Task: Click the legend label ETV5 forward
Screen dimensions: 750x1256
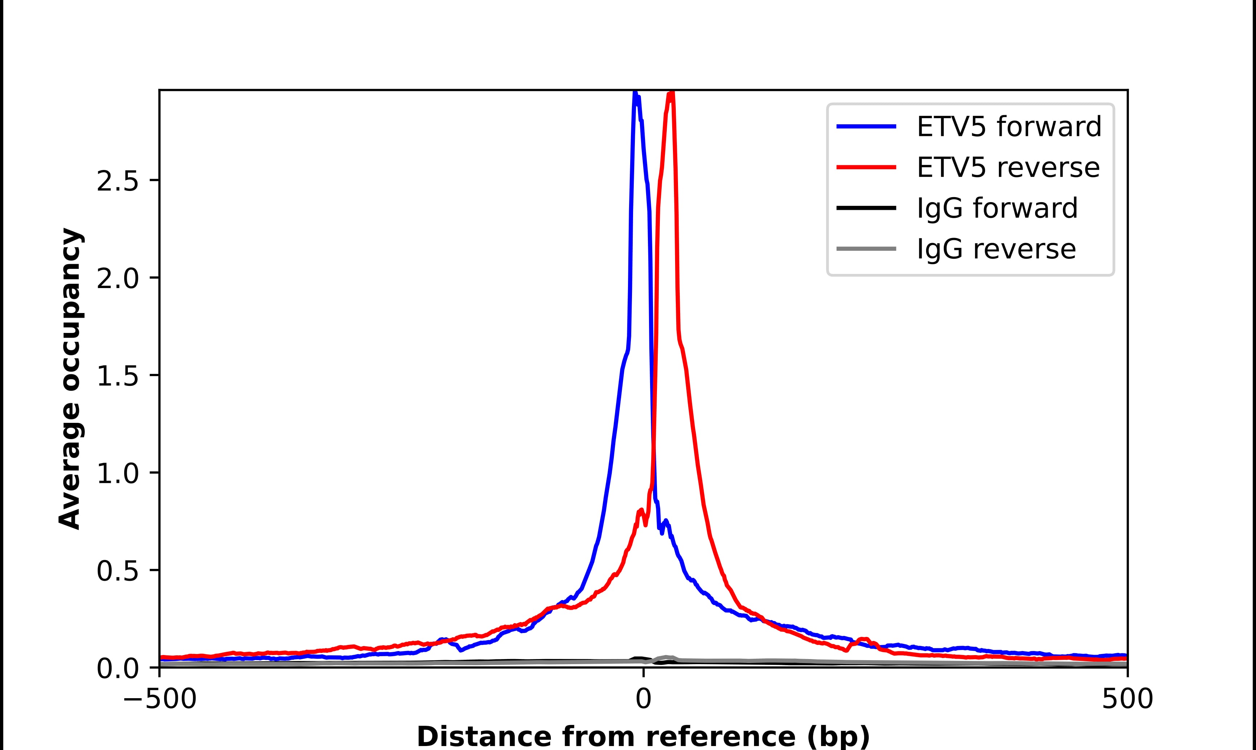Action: tap(1009, 127)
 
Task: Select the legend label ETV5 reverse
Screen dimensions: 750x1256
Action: tap(1008, 168)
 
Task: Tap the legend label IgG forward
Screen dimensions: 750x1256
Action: tap(997, 208)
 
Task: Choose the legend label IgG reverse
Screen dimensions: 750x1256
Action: tap(996, 249)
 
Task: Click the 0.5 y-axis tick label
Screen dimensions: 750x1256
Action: tap(117, 572)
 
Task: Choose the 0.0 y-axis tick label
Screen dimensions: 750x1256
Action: tap(117, 669)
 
